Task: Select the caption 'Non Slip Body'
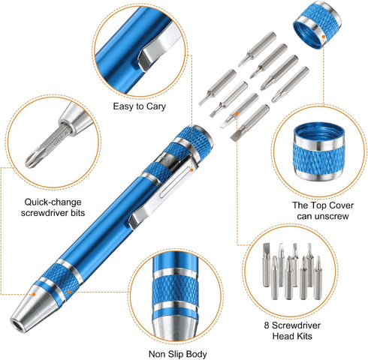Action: [176, 351]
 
